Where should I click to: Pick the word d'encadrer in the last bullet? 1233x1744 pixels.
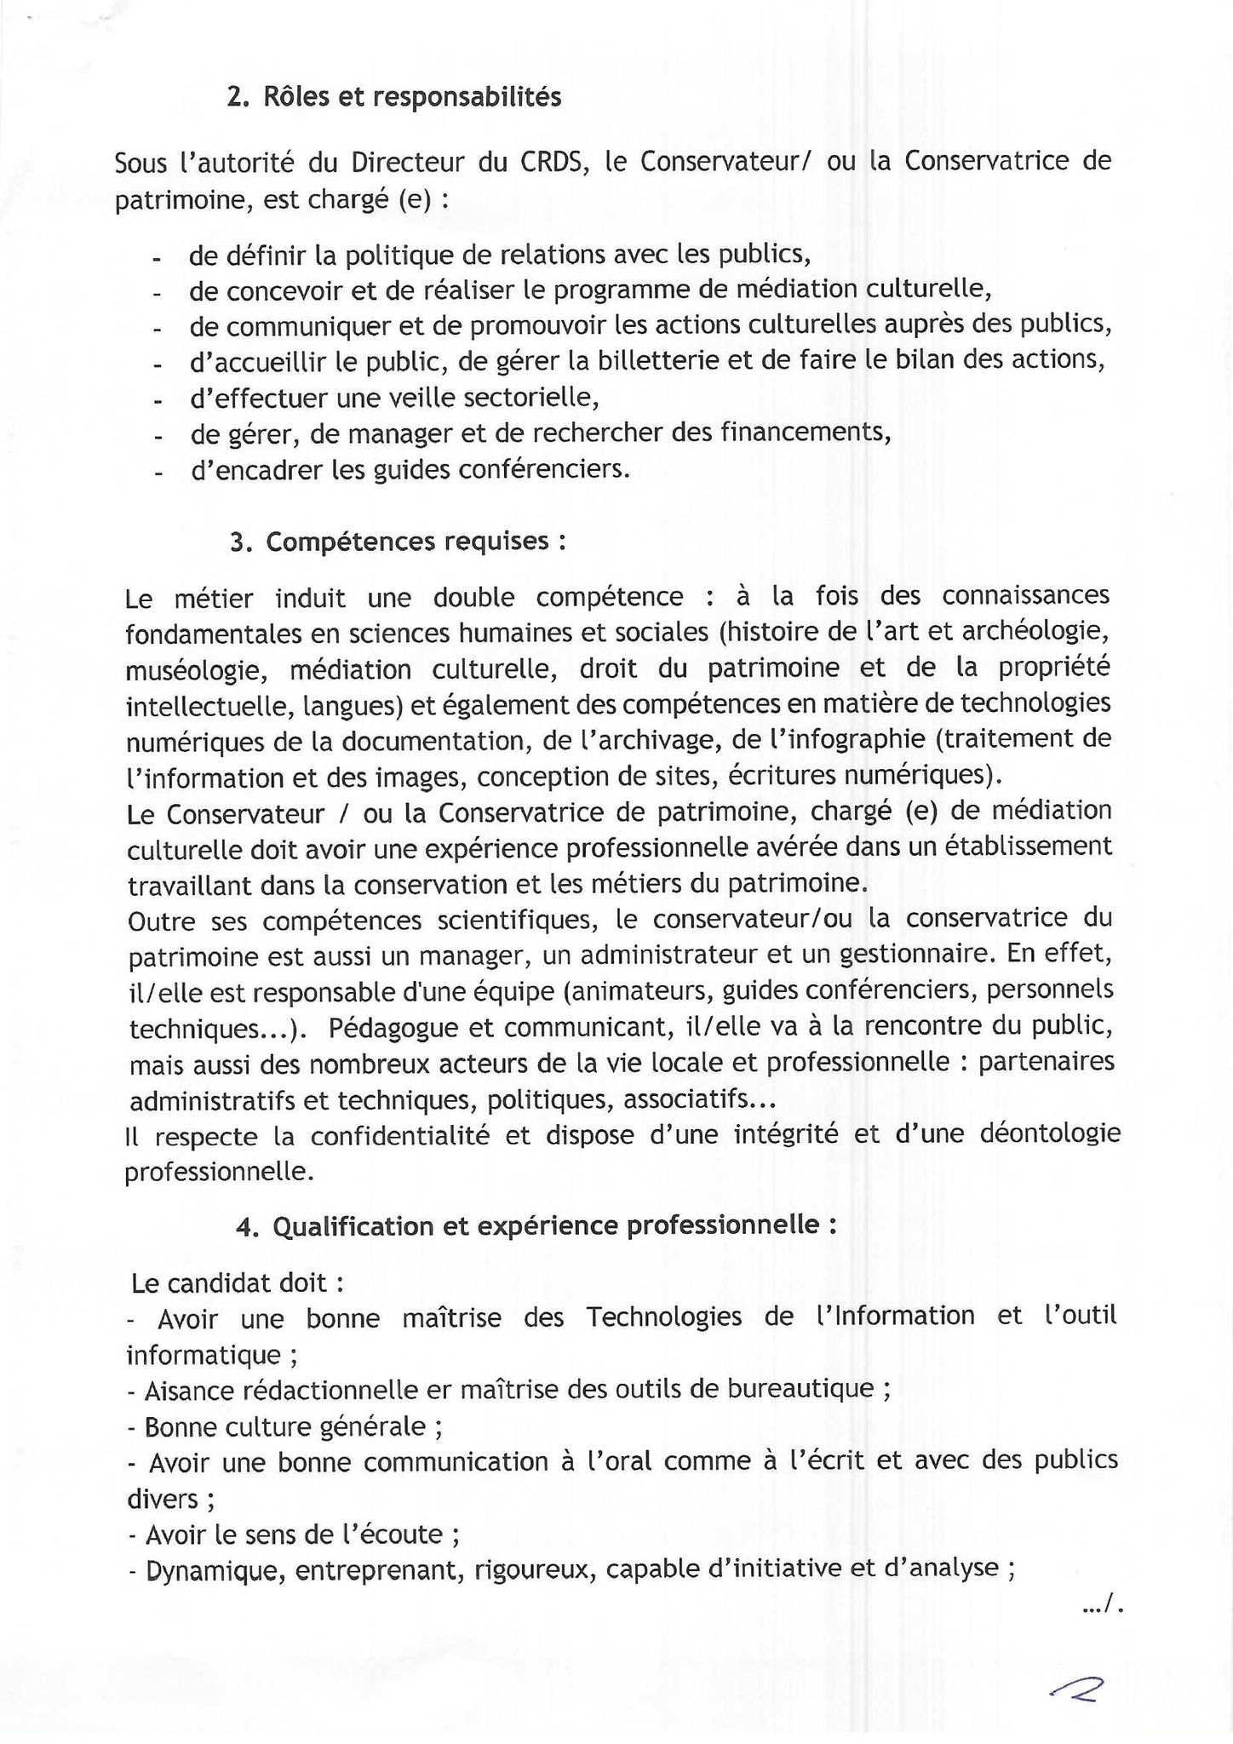(256, 470)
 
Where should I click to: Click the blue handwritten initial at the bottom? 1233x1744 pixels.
(1077, 1687)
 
